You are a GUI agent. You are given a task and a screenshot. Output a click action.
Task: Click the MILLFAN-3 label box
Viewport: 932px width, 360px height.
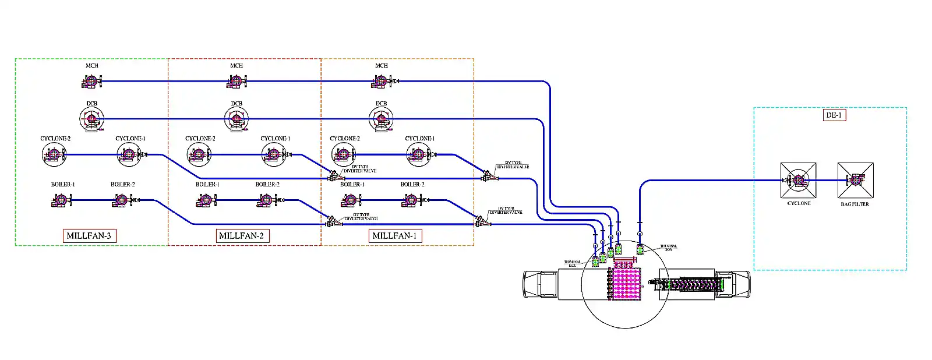point(89,236)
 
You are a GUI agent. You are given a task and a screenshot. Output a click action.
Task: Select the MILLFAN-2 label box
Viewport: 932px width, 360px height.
point(242,236)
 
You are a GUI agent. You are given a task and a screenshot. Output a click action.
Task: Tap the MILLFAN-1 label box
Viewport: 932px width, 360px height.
point(395,236)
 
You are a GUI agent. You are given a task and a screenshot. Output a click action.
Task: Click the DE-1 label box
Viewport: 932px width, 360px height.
point(834,115)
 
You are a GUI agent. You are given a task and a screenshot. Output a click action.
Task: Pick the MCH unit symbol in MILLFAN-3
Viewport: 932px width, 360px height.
point(91,82)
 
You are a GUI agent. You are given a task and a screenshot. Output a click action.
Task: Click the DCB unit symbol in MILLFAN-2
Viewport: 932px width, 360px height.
point(236,119)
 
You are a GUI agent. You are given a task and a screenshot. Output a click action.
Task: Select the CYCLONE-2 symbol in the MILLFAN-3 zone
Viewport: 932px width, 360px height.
point(54,155)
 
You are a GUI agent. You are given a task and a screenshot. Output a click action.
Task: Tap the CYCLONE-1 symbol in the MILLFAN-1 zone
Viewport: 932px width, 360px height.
point(418,155)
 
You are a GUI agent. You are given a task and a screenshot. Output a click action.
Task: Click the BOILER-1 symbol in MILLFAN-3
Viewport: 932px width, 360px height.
point(61,201)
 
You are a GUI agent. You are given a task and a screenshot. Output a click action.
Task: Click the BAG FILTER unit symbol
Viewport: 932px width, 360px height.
point(855,181)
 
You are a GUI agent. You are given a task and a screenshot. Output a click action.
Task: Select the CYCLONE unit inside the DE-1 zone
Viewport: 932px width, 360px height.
point(798,181)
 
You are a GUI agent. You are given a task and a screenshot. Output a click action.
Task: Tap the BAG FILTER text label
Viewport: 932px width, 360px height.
point(855,204)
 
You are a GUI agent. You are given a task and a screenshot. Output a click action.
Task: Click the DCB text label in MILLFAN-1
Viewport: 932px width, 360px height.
point(381,104)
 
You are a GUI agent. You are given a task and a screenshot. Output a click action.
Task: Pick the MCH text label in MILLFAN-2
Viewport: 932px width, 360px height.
point(236,66)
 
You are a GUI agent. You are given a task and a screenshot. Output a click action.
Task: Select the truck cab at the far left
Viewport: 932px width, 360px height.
point(541,284)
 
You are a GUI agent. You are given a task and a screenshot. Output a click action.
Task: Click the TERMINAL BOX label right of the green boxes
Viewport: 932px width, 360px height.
point(669,248)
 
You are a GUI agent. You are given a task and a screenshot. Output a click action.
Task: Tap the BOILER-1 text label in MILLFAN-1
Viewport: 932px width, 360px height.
point(352,184)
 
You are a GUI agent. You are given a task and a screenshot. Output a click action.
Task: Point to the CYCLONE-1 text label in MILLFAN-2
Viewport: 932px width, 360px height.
point(275,139)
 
